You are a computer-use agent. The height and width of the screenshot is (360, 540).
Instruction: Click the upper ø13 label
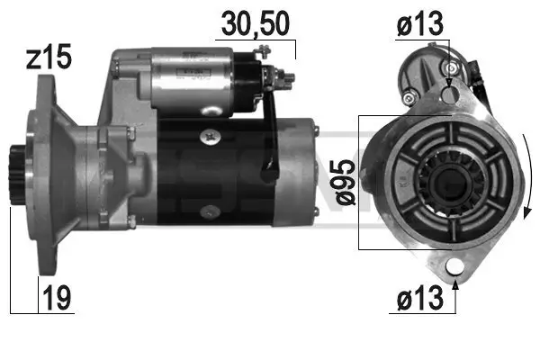click(x=419, y=26)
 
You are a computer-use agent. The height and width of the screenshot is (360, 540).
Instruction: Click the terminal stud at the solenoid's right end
click(x=288, y=76)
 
